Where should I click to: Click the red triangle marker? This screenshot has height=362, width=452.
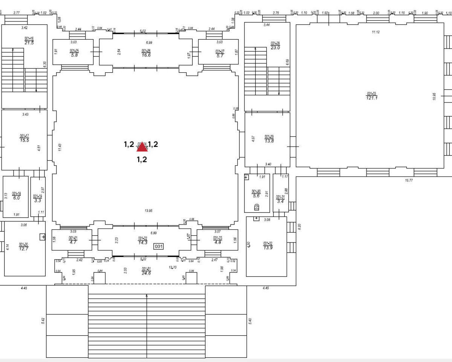tap(142, 147)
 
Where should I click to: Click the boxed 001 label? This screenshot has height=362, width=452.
tap(159, 246)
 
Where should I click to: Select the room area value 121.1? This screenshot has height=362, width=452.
tap(371, 98)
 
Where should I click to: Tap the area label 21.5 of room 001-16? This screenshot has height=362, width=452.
tap(29, 43)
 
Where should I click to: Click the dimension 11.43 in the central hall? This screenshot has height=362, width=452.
tap(60, 147)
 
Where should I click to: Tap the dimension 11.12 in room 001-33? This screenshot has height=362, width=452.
tap(376, 32)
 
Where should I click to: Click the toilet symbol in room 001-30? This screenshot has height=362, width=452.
tap(257, 206)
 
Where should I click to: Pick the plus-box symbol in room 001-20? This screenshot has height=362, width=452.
tap(43, 237)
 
